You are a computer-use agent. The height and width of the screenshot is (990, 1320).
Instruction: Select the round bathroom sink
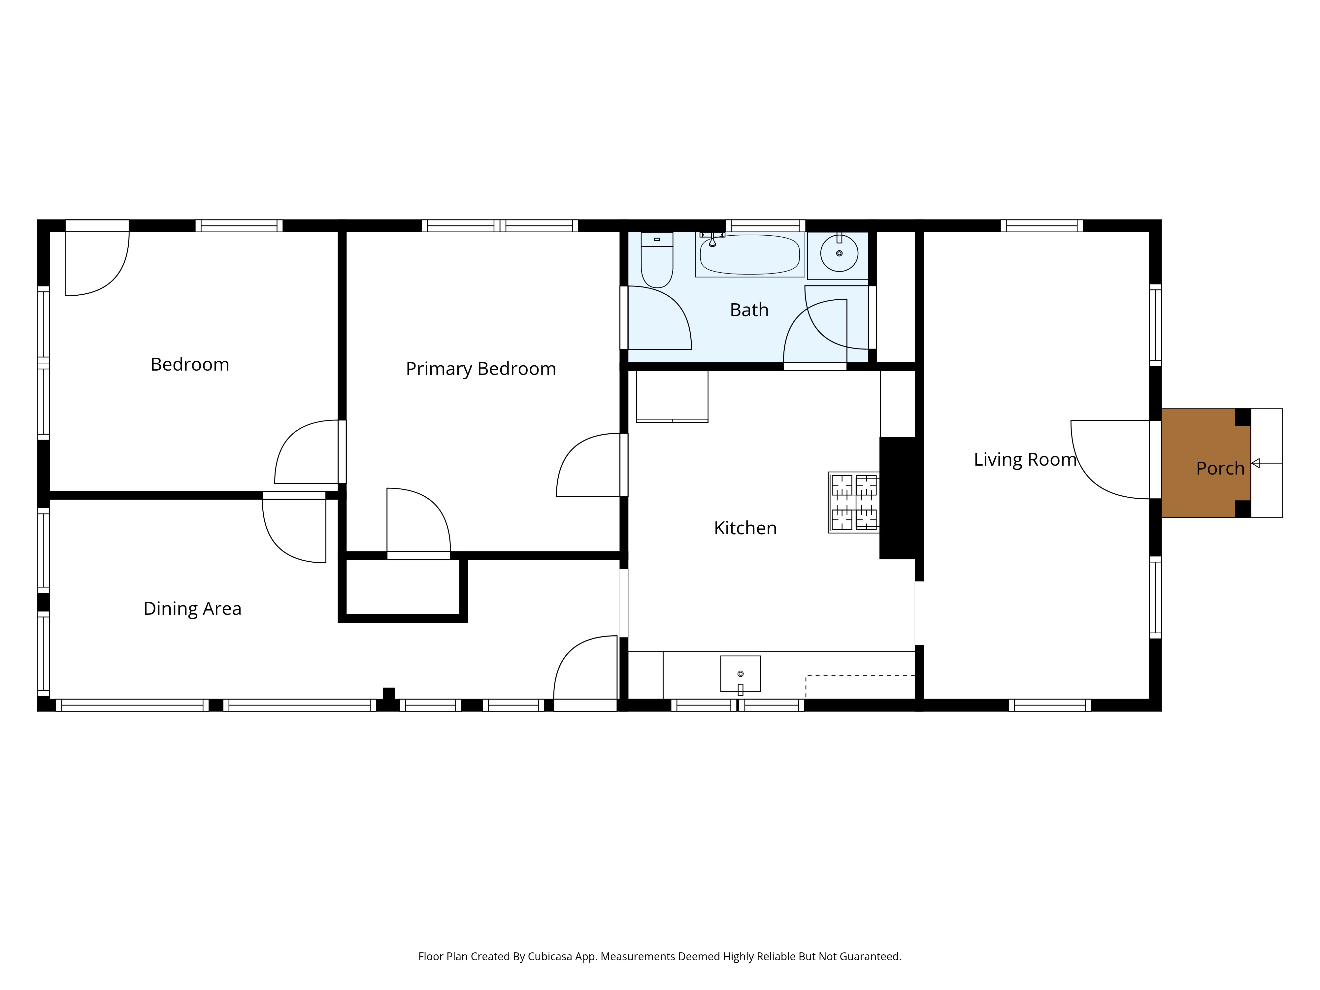[x=839, y=253]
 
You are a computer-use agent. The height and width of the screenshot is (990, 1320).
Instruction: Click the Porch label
[x=1220, y=469]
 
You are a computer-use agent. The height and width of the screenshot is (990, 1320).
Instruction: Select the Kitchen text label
[x=745, y=528]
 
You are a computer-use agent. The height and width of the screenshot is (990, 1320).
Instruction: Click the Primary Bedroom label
[x=481, y=369]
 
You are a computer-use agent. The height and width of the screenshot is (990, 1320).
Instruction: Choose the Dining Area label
[x=192, y=609]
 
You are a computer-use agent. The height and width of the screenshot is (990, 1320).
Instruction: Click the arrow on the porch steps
[x=1266, y=463]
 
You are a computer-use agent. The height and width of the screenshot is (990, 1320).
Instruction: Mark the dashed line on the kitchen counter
[x=860, y=676]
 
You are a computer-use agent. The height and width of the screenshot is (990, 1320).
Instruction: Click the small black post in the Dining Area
[x=388, y=693]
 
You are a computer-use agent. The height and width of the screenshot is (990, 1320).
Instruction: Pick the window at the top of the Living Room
[x=1041, y=226]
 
